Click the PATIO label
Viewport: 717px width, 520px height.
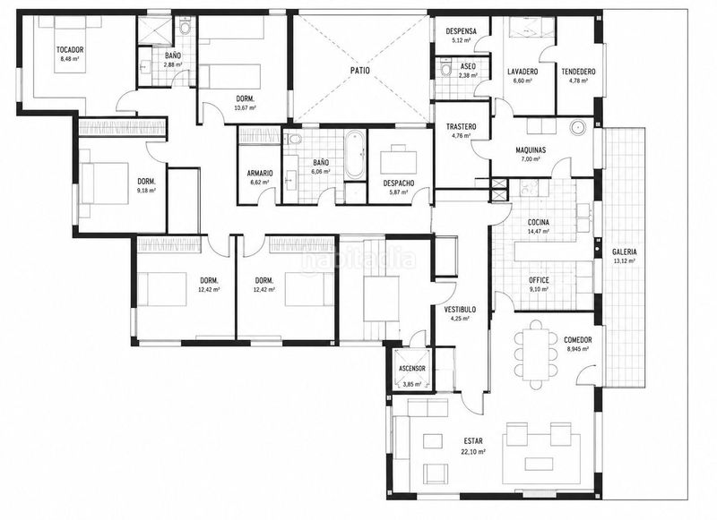tap(361, 71)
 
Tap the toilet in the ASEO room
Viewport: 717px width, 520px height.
tap(445, 69)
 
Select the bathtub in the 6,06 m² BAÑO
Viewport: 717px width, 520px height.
tap(355, 156)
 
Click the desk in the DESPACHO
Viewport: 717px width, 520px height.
tap(399, 158)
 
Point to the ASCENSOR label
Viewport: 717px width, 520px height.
tap(412, 369)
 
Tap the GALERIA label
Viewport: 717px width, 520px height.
tap(624, 251)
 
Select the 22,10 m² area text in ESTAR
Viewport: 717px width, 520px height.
tap(474, 451)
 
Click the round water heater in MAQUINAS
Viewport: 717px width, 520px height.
tap(578, 126)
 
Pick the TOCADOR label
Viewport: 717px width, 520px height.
tap(70, 50)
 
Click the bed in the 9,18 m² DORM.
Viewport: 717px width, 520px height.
tap(104, 183)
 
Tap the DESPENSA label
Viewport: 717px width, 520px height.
tap(461, 31)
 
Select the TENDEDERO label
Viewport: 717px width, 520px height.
tap(578, 72)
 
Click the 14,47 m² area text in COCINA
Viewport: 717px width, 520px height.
tap(539, 232)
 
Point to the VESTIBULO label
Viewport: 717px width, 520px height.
tap(460, 310)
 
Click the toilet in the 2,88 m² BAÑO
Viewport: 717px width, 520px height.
tap(185, 27)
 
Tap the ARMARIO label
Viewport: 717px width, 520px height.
tap(260, 174)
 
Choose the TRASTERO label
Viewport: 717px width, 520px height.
tap(461, 126)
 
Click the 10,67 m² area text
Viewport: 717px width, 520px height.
tap(245, 107)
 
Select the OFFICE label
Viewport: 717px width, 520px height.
tap(539, 280)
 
